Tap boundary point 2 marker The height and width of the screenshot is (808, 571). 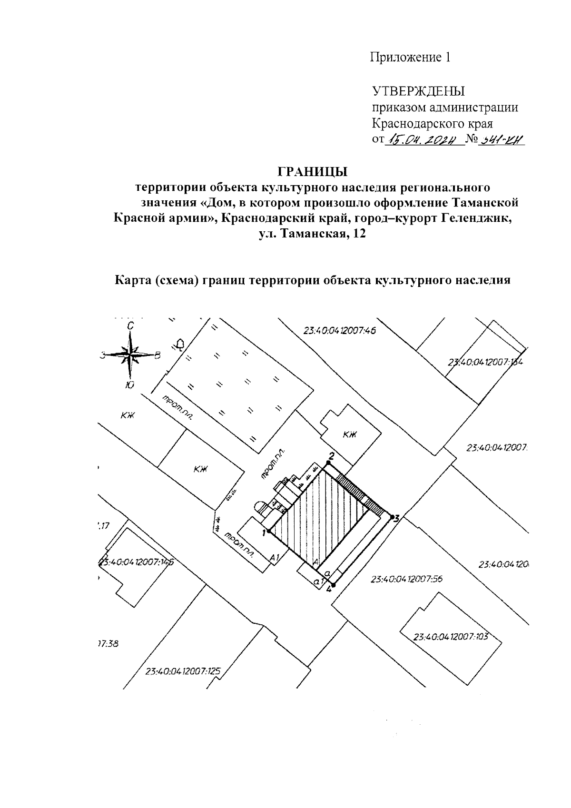[x=327, y=463]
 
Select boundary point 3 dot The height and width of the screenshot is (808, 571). [x=391, y=516]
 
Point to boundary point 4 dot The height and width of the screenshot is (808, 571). [x=333, y=585]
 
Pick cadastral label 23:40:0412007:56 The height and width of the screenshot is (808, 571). [x=406, y=579]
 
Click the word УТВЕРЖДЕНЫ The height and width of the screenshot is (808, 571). [x=418, y=91]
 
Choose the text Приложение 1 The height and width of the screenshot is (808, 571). [x=410, y=58]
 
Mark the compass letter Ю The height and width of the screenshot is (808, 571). [x=129, y=385]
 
